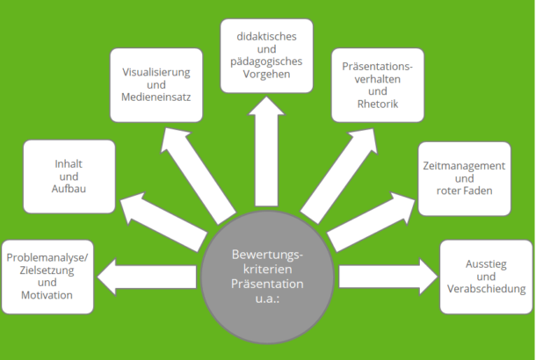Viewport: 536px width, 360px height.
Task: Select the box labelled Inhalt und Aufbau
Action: tap(69, 176)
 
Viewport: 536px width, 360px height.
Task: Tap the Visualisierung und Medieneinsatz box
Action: tap(157, 85)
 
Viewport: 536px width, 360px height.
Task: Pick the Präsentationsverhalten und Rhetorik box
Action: tap(376, 85)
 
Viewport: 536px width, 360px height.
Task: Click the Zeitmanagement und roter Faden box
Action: tap(464, 178)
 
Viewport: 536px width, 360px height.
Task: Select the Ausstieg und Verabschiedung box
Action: tap(486, 277)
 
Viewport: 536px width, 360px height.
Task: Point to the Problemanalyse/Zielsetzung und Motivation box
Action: tap(48, 277)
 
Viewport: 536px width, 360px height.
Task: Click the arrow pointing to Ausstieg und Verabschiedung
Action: tap(387, 276)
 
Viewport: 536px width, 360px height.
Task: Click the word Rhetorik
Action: tap(377, 104)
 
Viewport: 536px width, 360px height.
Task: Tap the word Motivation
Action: tap(48, 296)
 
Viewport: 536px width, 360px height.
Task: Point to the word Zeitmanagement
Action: tap(464, 165)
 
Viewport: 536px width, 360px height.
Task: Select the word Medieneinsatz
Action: tap(157, 97)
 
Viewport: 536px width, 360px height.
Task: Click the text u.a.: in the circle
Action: tap(267, 299)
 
